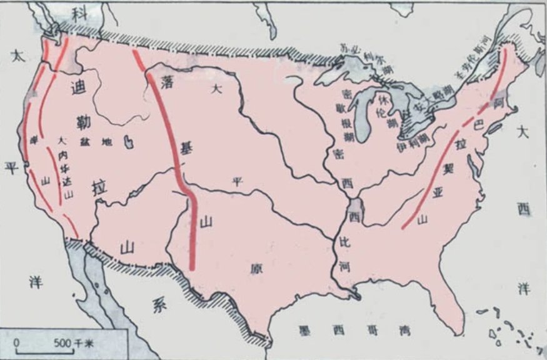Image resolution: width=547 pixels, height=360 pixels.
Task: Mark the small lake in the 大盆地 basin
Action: (128, 142)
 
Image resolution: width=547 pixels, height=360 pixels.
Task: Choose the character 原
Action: (255, 268)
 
